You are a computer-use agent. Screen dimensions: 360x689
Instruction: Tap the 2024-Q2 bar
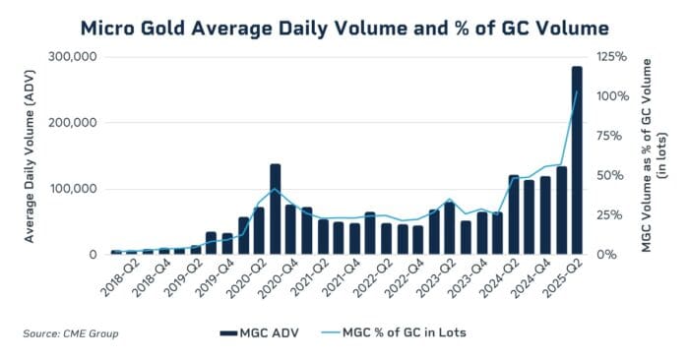coord(513,215)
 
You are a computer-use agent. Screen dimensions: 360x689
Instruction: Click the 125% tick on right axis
coord(609,57)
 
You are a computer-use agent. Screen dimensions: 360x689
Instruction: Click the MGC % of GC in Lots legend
coord(393,332)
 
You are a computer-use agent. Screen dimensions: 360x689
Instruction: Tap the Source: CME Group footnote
coord(71,333)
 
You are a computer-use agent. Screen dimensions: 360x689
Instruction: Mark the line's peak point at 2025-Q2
coord(577,91)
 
